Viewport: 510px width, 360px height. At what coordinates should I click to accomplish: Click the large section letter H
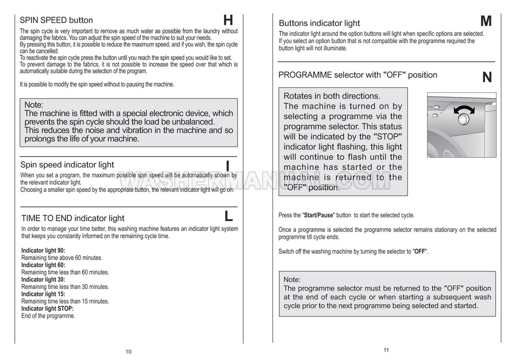(x=228, y=21)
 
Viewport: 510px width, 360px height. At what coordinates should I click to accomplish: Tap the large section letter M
(x=486, y=21)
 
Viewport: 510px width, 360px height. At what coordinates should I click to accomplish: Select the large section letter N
(x=487, y=78)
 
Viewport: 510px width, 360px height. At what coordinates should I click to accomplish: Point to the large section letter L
(x=228, y=216)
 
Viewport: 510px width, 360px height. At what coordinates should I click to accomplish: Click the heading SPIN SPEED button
(x=56, y=21)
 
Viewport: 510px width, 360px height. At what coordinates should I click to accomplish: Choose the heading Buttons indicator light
(x=319, y=23)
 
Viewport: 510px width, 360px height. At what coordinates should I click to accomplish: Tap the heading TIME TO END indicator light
(x=73, y=218)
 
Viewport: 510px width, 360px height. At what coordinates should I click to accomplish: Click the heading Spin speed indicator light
(x=67, y=165)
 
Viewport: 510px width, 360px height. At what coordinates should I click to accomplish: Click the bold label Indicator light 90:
(x=43, y=250)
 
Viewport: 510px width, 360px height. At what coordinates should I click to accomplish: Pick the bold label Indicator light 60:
(x=43, y=265)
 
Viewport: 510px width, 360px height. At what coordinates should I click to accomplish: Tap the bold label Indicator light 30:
(x=43, y=280)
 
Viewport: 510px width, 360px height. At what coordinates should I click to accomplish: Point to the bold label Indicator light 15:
(x=43, y=294)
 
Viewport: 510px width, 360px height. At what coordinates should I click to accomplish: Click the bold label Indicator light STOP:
(x=47, y=308)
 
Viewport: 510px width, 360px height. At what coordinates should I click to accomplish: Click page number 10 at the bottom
(x=129, y=352)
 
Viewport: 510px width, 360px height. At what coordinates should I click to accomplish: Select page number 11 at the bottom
(x=386, y=350)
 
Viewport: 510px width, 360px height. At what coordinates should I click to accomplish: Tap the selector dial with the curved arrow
(x=463, y=115)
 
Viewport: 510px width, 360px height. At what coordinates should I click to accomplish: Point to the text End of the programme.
(x=48, y=316)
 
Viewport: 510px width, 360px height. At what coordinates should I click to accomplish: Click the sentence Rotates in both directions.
(x=331, y=96)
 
